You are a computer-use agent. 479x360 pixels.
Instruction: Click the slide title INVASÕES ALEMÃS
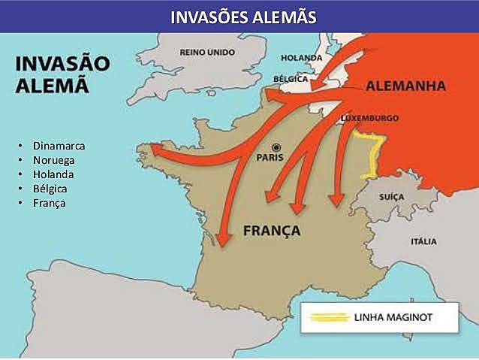click(239, 16)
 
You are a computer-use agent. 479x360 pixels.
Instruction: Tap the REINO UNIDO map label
click(206, 52)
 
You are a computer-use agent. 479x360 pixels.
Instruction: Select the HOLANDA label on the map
click(302, 58)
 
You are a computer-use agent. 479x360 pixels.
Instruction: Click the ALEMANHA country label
click(406, 86)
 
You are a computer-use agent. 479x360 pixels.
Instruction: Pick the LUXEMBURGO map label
click(369, 118)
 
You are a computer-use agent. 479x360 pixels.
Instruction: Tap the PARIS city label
click(273, 158)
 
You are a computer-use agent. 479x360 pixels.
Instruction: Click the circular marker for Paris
click(276, 147)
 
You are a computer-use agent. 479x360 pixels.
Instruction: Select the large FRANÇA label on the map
click(272, 230)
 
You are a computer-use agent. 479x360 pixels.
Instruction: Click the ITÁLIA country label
click(423, 241)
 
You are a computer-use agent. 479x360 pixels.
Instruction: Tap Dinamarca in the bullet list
click(59, 144)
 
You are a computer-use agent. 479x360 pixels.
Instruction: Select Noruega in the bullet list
click(55, 159)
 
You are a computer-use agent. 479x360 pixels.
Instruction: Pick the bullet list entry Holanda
click(53, 174)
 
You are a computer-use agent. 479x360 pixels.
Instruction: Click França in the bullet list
click(50, 203)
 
